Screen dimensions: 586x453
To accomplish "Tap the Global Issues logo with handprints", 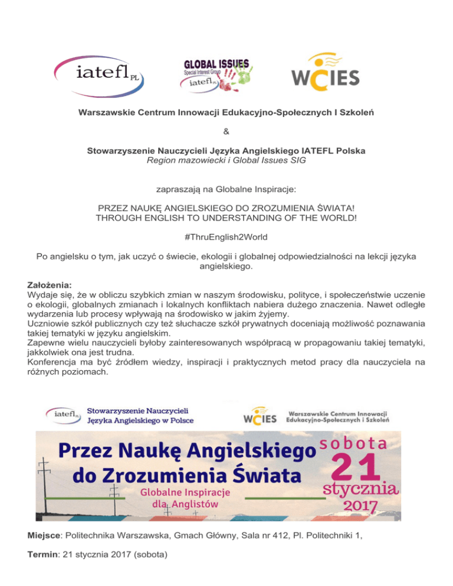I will (x=218, y=74).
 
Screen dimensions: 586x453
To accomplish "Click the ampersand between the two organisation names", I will (x=226, y=131).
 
